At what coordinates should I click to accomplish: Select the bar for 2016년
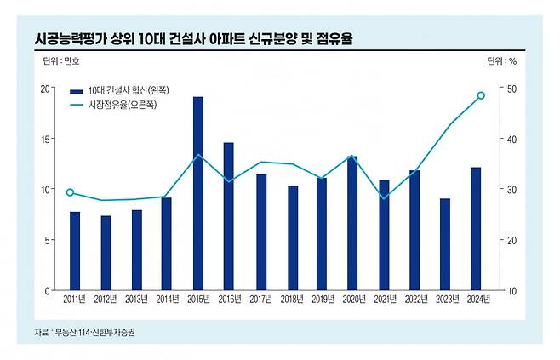click(228, 216)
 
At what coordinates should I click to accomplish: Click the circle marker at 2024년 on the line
click(481, 95)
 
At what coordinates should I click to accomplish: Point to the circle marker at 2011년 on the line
click(70, 192)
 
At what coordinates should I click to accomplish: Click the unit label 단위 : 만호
click(61, 61)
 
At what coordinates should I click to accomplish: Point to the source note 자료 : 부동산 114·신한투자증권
click(84, 332)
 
